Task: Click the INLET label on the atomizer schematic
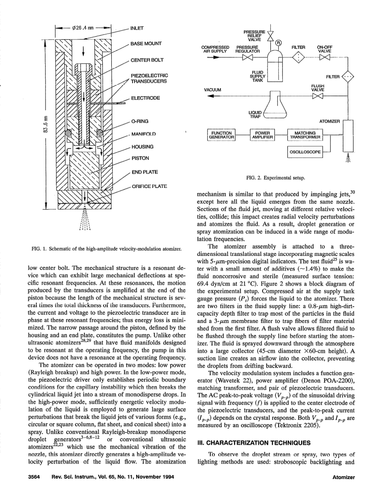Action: [137, 28]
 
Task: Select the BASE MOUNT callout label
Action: [146, 43]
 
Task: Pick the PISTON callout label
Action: [138, 158]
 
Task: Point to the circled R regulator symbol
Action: [278, 42]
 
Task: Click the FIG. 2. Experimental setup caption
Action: [276, 178]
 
